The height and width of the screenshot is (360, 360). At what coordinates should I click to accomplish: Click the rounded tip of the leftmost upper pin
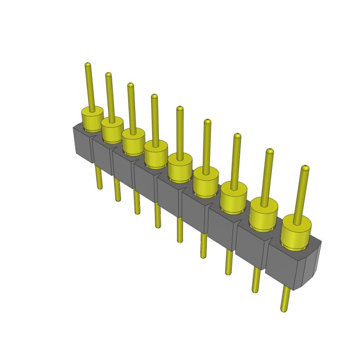pyautogui.click(x=88, y=66)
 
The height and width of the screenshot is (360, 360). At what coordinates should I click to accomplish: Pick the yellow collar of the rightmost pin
pyautogui.click(x=296, y=234)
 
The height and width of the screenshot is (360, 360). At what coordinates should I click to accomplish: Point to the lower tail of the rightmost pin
pyautogui.click(x=285, y=299)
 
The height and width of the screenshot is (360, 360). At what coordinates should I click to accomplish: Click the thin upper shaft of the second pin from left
pyautogui.click(x=109, y=97)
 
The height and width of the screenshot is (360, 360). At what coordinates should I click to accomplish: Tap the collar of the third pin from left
pyautogui.click(x=134, y=140)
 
